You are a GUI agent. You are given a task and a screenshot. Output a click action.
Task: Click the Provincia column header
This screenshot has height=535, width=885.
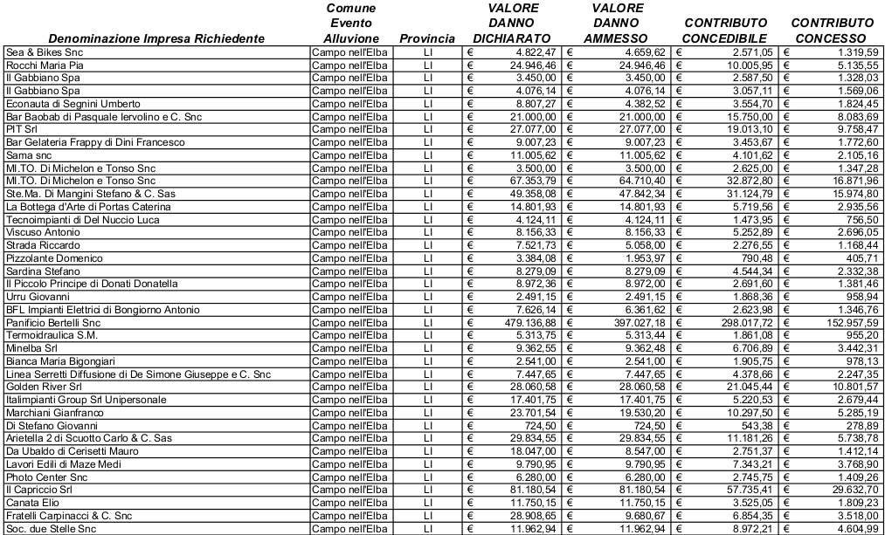[x=426, y=39]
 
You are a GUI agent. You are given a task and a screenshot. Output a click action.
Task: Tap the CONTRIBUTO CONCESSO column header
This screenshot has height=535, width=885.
[x=831, y=31]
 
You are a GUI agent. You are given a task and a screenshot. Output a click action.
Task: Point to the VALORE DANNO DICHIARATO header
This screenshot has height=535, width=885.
[x=512, y=24]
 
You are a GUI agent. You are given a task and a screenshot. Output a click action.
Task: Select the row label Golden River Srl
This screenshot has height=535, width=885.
[x=44, y=386]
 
